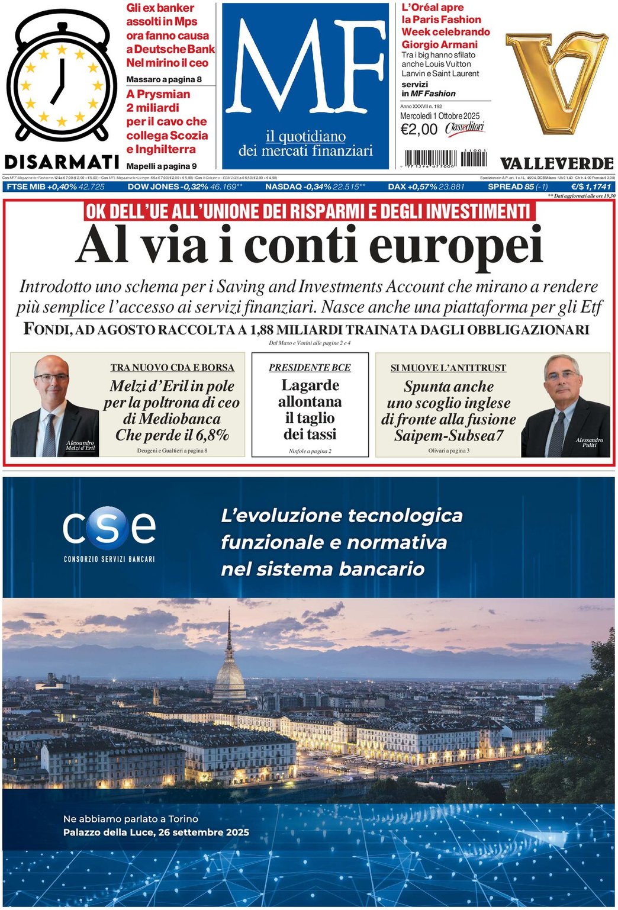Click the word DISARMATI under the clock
click(x=62, y=162)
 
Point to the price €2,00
click(x=419, y=130)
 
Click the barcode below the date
click(x=445, y=159)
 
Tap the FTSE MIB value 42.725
click(x=91, y=187)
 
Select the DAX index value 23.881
click(x=451, y=187)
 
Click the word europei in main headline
click(x=456, y=246)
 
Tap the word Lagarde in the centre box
click(x=310, y=385)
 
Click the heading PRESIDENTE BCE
click(x=310, y=368)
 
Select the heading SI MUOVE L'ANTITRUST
click(x=448, y=368)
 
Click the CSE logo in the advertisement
click(x=110, y=529)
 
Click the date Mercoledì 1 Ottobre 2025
click(x=440, y=116)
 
